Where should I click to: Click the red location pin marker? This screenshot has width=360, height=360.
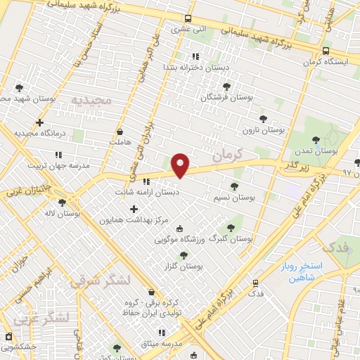pos(181,165)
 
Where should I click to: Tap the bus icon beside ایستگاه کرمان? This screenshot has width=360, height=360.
pos(326,51)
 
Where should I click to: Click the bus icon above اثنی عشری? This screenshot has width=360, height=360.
pos(187,19)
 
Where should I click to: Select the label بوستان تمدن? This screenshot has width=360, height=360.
pos(333,150)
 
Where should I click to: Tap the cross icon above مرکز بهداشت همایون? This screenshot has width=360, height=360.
pos(134,208)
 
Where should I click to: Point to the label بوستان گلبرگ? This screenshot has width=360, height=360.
pos(230,239)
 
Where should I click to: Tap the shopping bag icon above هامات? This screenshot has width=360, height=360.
pos(120,131)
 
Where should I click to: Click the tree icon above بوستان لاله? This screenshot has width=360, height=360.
pos(63,202)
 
